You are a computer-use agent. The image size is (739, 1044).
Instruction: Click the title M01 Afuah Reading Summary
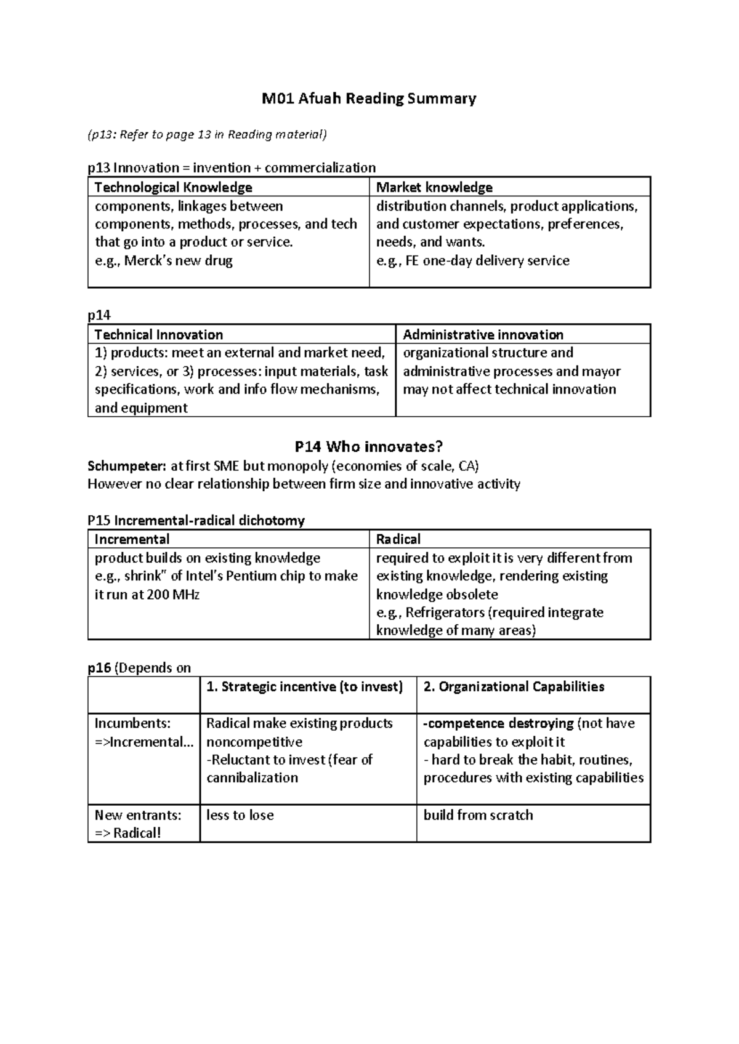tap(369, 98)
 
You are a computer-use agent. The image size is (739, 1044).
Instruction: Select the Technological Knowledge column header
tap(173, 187)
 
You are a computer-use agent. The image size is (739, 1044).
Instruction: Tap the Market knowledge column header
tap(434, 187)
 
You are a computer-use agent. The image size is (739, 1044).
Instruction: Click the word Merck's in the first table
tap(148, 260)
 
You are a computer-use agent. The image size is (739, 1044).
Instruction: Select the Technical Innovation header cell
tap(158, 334)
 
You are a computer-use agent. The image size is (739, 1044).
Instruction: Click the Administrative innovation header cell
tap(483, 334)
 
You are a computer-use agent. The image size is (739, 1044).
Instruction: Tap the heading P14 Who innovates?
tap(369, 446)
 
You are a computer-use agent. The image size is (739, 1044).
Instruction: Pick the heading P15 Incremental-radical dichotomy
tap(196, 520)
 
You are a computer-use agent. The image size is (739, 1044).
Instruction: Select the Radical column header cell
tap(398, 539)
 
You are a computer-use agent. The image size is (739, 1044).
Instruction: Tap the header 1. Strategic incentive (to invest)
tap(305, 687)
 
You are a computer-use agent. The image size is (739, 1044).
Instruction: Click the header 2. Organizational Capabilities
tap(514, 687)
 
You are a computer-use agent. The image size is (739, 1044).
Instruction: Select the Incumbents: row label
tap(132, 723)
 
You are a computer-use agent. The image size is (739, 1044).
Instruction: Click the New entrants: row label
tap(138, 815)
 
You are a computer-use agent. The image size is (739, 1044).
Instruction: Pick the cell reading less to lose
tap(240, 815)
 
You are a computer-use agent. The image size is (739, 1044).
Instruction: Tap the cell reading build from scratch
tap(478, 815)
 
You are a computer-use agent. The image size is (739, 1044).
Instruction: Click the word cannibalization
tap(252, 777)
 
